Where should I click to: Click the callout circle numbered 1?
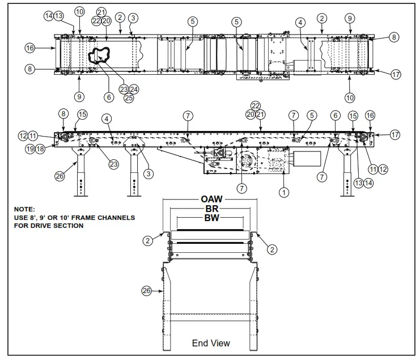pos(284,192)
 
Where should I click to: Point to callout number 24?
pos(134,88)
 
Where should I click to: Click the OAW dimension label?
pos(211,199)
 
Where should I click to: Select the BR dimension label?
pos(211,208)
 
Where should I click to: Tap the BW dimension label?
pos(211,217)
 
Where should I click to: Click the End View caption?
pos(211,343)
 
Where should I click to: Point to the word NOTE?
pos(25,209)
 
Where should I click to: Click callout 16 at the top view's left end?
pos(29,48)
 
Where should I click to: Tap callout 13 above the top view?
pos(59,16)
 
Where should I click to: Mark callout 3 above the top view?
pos(133,18)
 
